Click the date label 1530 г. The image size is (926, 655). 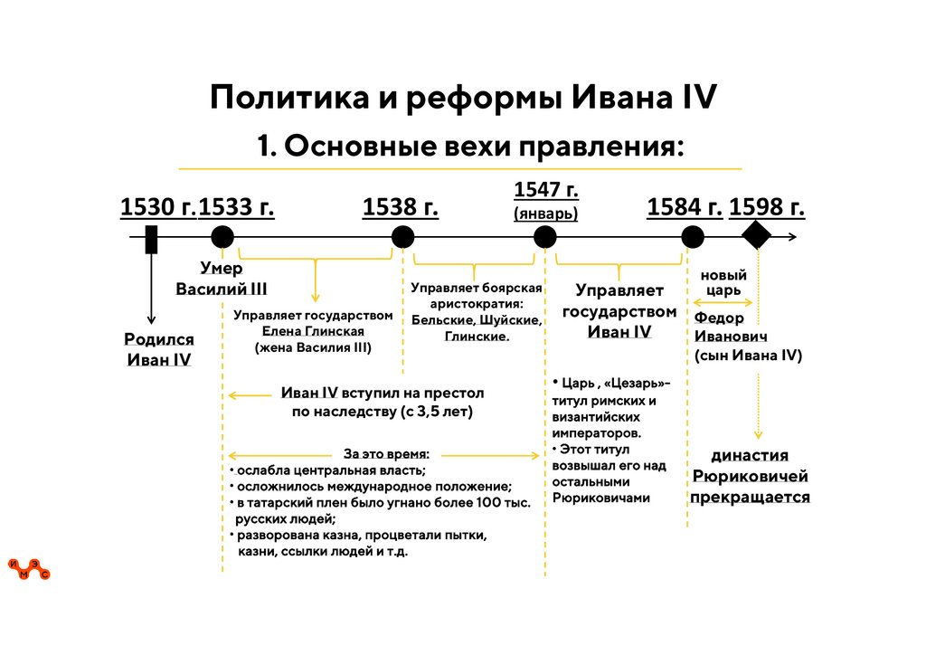157,208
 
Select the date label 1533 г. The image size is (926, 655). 236,208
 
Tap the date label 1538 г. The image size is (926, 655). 400,208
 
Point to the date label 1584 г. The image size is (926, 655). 685,208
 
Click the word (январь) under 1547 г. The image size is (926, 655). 545,214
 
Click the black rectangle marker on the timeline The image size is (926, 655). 151,238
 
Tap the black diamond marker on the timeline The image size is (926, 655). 757,237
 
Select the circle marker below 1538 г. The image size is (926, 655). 402,238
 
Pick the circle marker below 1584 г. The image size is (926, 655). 693,238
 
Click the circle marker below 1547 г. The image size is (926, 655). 544,238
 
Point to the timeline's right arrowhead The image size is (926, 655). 792,238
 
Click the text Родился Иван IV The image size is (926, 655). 159,349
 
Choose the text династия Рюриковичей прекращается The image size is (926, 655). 750,476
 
